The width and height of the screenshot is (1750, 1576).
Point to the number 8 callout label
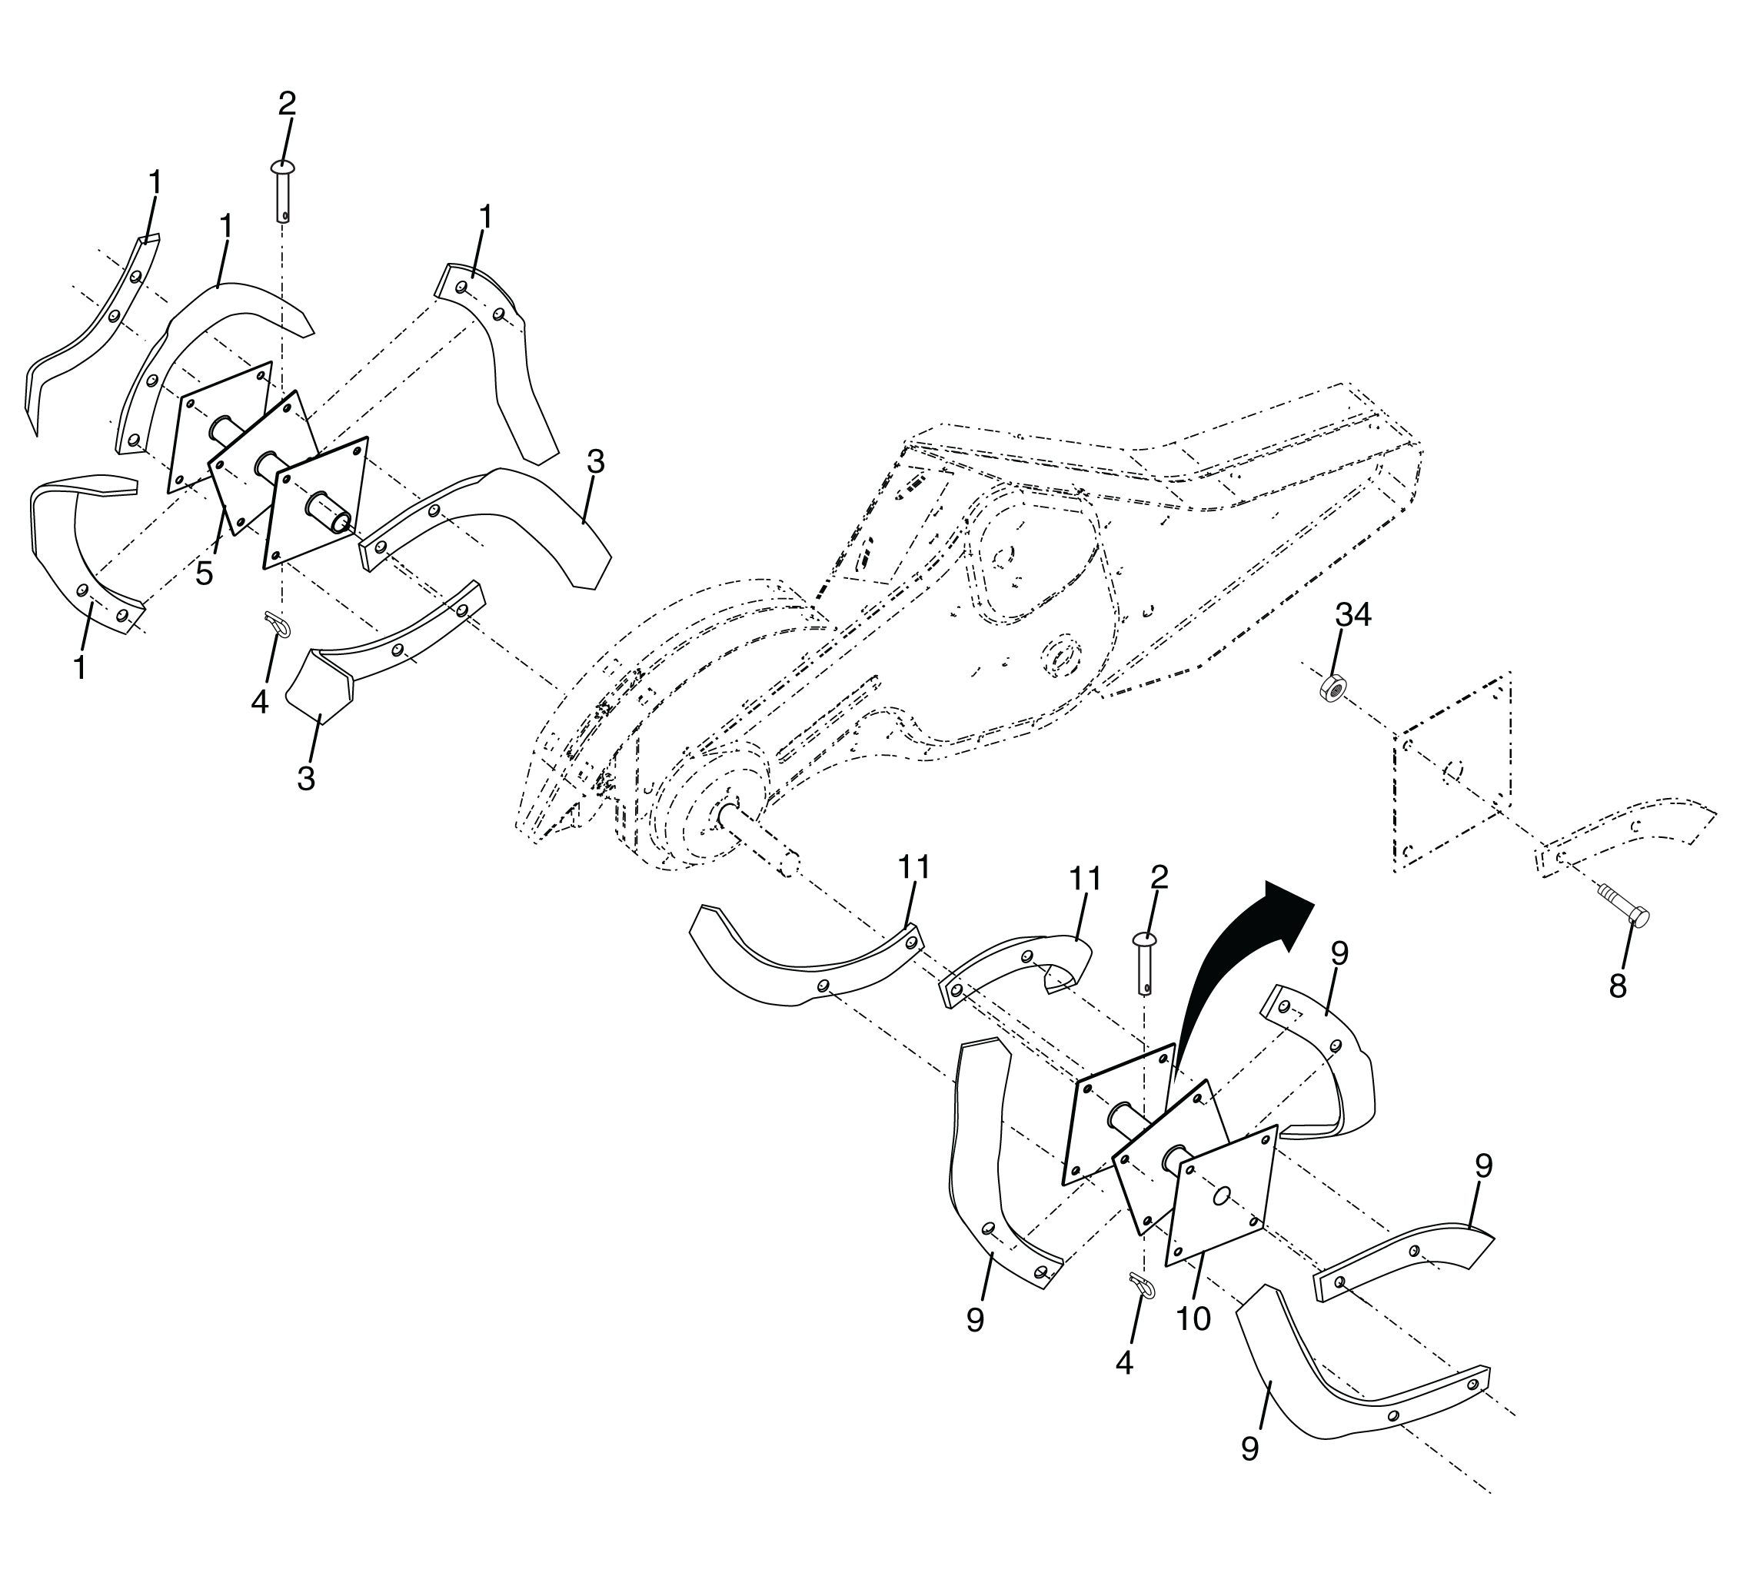1618,986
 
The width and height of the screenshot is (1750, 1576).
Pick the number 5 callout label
205,574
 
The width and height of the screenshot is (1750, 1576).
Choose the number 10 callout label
1193,1318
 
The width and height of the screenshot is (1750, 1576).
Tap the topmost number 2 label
287,104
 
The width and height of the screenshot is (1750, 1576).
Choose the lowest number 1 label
80,669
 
